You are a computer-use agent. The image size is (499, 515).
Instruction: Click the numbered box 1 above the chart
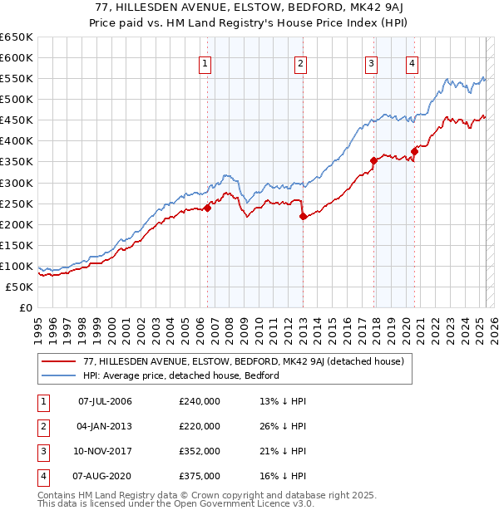coord(205,63)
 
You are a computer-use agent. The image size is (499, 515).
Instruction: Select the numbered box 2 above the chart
coord(299,63)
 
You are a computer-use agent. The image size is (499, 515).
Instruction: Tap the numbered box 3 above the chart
coord(371,63)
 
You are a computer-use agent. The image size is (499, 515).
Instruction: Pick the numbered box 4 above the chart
coord(412,63)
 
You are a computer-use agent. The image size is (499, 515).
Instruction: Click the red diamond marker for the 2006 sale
coord(207,208)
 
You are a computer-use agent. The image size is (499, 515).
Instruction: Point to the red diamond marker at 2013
coord(303,217)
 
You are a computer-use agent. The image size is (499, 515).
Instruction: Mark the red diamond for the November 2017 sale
coord(374,161)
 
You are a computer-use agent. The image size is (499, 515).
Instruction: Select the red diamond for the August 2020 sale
coord(414,151)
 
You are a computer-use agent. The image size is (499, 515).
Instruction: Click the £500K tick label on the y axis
coord(17,99)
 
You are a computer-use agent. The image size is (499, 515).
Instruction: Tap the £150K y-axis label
coord(17,245)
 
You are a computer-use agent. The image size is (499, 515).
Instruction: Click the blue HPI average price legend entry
coord(180,375)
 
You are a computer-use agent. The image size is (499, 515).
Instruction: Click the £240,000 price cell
coord(200,401)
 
